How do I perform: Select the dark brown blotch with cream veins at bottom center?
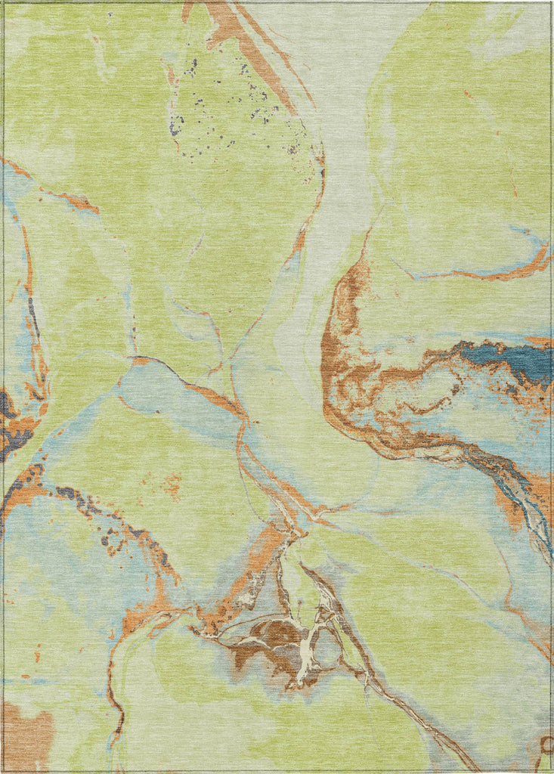pos(272,642)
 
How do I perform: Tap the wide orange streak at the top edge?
pos(227,23)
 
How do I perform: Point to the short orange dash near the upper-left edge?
pos(79,202)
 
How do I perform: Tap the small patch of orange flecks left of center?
pos(170,484)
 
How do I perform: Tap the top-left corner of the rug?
pos(4,4)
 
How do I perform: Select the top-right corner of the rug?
pos(549,4)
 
